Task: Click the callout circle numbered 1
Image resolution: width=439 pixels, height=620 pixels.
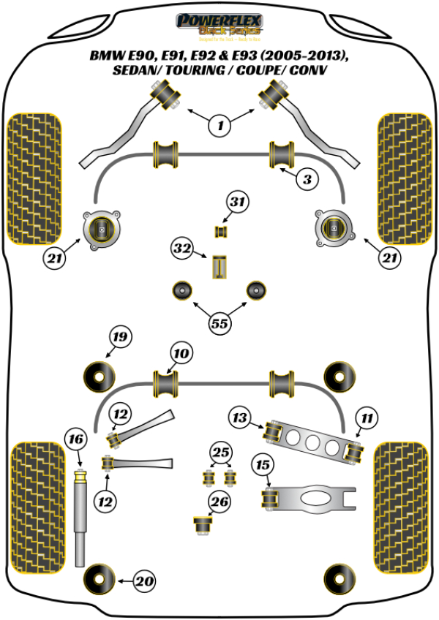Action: point(219,126)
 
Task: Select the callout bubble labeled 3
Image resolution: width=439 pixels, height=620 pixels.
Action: point(307,178)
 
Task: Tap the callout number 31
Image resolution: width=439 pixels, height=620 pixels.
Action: point(237,203)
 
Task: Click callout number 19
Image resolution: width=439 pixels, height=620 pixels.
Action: point(120,337)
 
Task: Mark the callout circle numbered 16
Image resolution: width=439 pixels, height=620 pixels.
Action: point(75,439)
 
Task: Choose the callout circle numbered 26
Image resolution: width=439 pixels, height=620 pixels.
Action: point(219,502)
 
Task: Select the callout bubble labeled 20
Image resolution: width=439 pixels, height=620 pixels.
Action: point(146,581)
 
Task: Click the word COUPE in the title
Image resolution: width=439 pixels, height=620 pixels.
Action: point(239,71)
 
